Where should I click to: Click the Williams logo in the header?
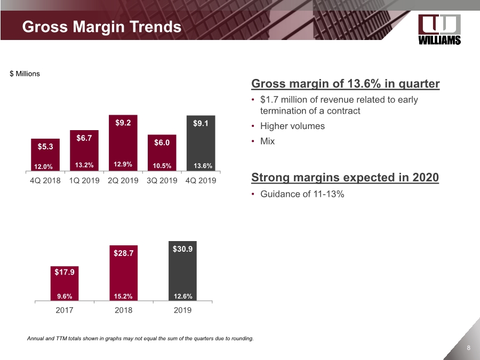click(x=439, y=30)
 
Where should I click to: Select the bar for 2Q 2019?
click(x=123, y=142)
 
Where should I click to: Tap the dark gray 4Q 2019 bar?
click(x=201, y=142)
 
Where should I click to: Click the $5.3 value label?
click(x=45, y=145)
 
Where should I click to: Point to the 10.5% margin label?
click(x=162, y=165)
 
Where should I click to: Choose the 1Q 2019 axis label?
click(x=84, y=180)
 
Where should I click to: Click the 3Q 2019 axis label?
click(x=162, y=180)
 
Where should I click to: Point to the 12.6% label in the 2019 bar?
click(x=182, y=297)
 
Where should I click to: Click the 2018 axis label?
click(x=123, y=310)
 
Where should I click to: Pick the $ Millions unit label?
click(x=25, y=74)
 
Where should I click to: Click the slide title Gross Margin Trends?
click(x=101, y=27)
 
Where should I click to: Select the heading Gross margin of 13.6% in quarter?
click(x=345, y=84)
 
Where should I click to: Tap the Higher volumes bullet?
click(x=292, y=126)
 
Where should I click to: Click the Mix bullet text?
click(x=267, y=141)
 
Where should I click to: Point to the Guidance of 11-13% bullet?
click(x=302, y=194)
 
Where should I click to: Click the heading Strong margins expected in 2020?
click(x=345, y=178)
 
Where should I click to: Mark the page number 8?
click(x=468, y=348)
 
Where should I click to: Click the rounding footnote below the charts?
click(x=140, y=338)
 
